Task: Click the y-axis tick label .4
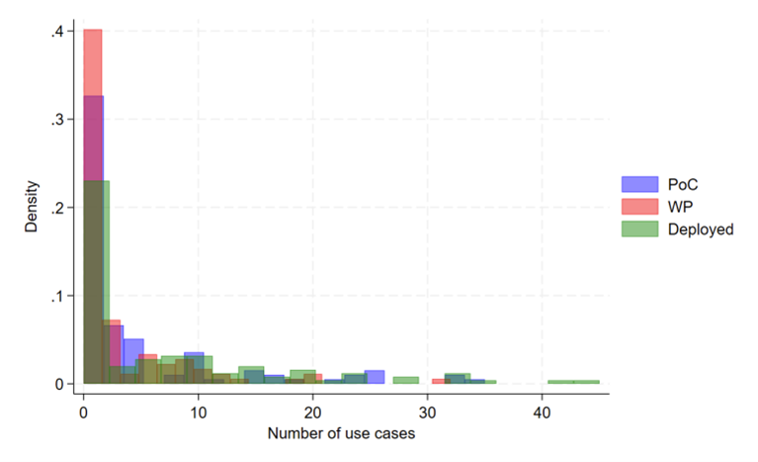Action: click(x=59, y=32)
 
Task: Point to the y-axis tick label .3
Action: click(x=59, y=120)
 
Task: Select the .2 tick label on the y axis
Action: click(x=59, y=208)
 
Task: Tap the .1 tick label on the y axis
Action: click(x=59, y=296)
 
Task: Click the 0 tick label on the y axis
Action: click(x=61, y=384)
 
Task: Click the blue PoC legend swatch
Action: click(x=639, y=183)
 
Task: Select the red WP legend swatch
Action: click(x=639, y=206)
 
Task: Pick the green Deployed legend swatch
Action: click(x=639, y=229)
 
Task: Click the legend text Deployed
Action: click(x=700, y=229)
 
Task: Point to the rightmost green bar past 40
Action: click(x=573, y=382)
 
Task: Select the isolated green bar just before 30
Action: click(x=405, y=380)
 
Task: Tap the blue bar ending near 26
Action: click(x=374, y=377)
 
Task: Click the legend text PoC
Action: click(x=681, y=183)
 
